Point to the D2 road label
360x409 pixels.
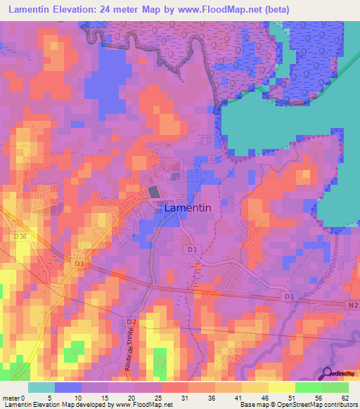tap(131, 322)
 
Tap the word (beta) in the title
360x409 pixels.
tap(273, 11)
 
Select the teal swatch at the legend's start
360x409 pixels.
tap(41, 387)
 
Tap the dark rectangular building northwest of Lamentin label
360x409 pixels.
tap(153, 191)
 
